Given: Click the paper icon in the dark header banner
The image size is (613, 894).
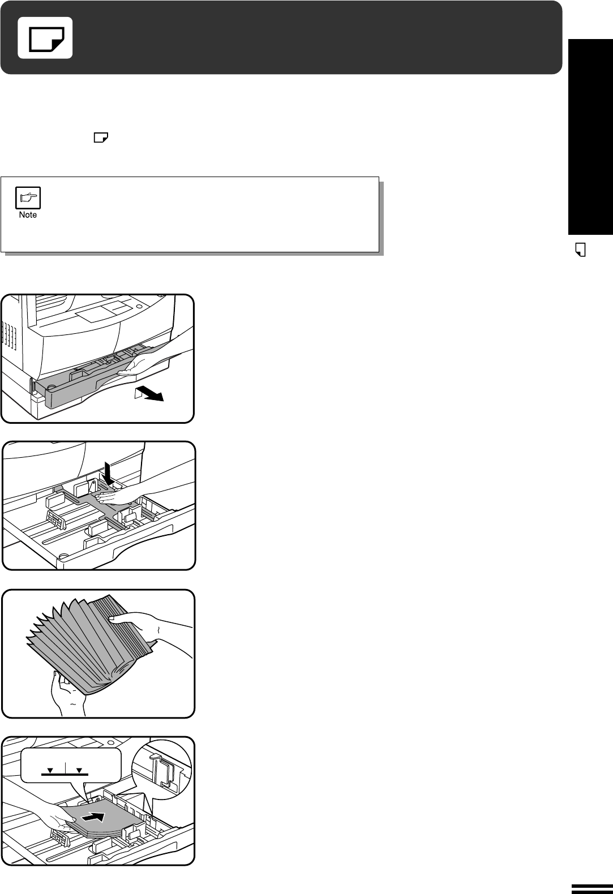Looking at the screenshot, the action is tap(45, 38).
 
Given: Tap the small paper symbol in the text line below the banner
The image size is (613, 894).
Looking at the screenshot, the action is tap(101, 137).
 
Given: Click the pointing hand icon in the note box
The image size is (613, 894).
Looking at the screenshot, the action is tap(28, 197).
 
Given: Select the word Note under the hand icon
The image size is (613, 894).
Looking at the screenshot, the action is tap(28, 214).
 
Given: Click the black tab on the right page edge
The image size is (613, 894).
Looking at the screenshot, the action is tap(590, 137).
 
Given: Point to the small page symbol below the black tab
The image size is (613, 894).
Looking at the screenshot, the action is tap(581, 250).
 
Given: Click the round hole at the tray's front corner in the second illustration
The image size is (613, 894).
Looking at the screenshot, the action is tap(62, 556).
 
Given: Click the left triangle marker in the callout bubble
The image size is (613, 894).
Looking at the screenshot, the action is tap(50, 770).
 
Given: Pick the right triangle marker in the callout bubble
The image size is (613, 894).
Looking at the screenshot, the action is tap(79, 770).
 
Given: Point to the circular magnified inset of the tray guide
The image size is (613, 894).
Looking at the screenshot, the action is tap(162, 773).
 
